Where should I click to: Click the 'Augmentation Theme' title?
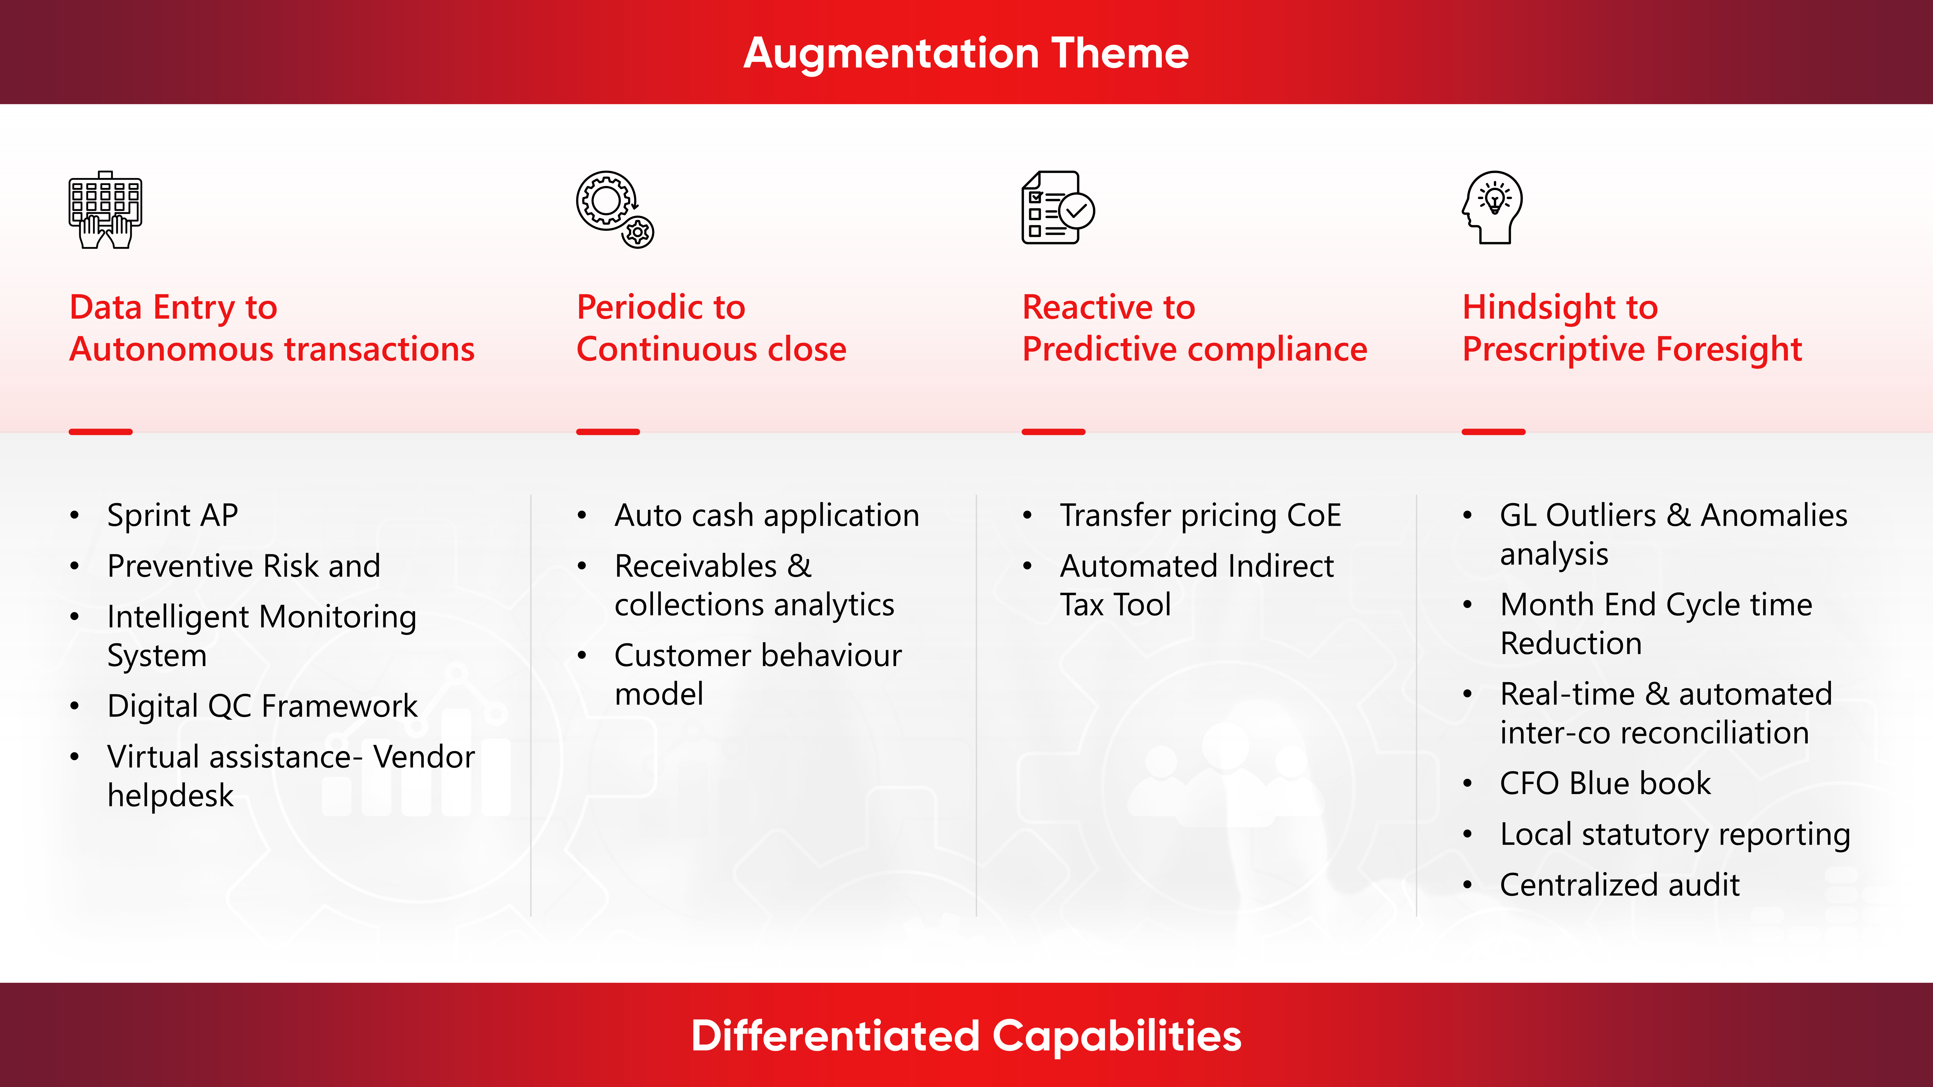tap(966, 53)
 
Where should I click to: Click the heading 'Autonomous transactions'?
tap(272, 350)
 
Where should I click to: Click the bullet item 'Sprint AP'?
tap(173, 515)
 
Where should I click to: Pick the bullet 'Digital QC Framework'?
tap(262, 706)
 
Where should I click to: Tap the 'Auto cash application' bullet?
tap(766, 515)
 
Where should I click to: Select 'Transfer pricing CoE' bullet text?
tap(1200, 515)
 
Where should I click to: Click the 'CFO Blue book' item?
tap(1605, 783)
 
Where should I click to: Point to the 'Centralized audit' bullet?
tap(1619, 885)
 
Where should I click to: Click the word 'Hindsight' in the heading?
tap(1538, 308)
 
